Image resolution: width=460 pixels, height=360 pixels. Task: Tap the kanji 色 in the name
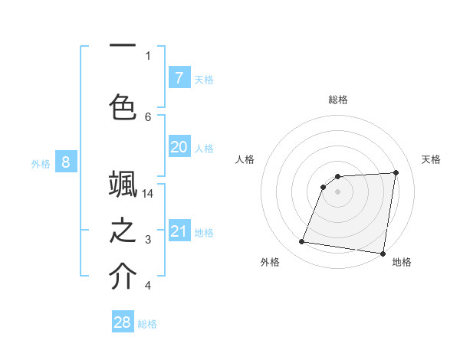[123, 105]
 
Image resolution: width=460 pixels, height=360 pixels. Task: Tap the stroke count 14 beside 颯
[148, 194]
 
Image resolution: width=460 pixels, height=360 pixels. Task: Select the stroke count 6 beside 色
[148, 116]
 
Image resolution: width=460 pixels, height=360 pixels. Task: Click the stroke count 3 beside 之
[148, 241]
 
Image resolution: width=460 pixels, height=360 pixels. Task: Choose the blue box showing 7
[179, 78]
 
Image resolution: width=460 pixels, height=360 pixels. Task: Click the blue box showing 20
[179, 147]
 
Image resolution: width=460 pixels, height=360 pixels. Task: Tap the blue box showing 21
[179, 231]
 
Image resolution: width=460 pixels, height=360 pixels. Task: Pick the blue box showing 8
[66, 162]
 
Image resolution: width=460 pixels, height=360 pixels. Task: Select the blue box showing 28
[123, 322]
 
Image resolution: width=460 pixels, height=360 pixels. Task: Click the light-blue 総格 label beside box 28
[147, 324]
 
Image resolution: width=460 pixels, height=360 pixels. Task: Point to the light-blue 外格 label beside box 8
[41, 163]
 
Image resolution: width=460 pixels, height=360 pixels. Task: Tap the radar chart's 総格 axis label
[338, 100]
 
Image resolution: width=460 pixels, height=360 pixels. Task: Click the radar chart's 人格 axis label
[245, 159]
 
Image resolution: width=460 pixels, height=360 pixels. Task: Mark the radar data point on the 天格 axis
[396, 172]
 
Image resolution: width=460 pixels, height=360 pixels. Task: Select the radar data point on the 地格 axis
[383, 254]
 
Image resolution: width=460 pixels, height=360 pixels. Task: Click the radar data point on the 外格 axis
[302, 242]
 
